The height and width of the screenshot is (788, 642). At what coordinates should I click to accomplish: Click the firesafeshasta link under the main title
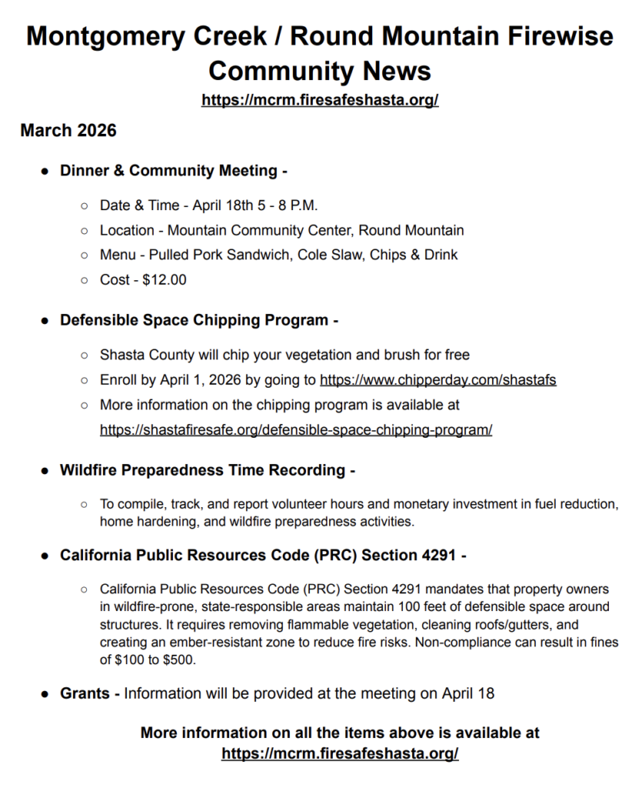coord(320,100)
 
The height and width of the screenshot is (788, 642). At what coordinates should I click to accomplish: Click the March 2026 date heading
coord(68,130)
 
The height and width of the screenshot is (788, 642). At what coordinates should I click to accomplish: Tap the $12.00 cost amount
coord(165,279)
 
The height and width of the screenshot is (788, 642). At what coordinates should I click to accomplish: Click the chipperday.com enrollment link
coord(437,379)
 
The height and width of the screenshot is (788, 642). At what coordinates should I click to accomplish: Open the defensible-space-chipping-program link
coord(296,429)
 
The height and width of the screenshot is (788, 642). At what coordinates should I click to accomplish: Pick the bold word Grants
coord(85,693)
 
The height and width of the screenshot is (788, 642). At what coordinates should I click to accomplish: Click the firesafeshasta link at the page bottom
coord(340,753)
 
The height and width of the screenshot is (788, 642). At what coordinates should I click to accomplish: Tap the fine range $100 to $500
coord(146,659)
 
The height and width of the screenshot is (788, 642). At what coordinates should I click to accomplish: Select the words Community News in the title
coord(320,71)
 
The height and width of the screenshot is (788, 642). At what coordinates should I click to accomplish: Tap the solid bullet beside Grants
coord(45,694)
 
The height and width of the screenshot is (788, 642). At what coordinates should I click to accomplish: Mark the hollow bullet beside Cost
coord(84,280)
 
